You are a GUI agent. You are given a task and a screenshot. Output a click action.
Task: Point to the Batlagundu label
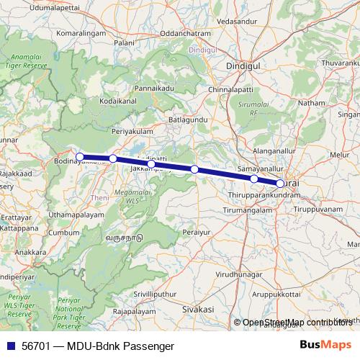188,117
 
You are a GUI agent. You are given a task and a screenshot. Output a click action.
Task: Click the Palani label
125,44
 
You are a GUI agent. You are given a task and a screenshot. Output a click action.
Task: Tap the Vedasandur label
235,22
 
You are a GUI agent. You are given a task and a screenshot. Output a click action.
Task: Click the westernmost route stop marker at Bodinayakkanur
80,156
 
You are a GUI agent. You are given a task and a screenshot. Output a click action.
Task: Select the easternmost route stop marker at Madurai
280,183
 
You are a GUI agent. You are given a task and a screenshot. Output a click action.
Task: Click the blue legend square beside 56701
9,345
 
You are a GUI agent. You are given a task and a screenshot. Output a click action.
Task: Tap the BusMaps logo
325,345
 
